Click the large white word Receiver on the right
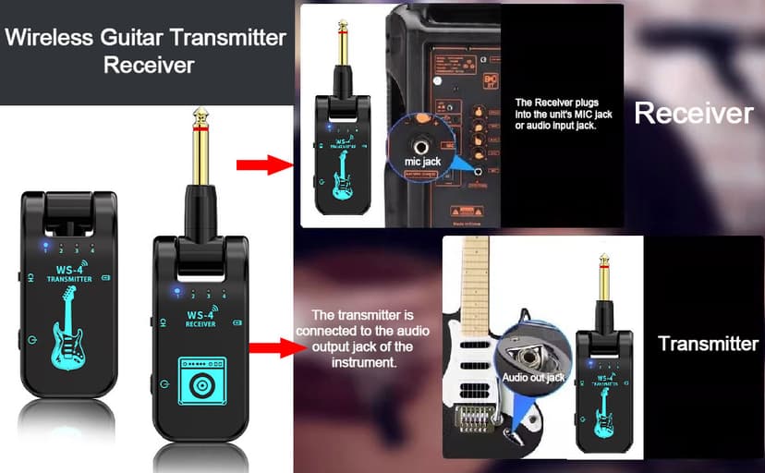[x=694, y=113]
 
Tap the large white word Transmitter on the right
[x=708, y=344]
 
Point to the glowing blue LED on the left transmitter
[x=43, y=248]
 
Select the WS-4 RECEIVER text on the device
[x=200, y=320]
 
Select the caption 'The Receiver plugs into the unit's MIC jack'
[x=556, y=114]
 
